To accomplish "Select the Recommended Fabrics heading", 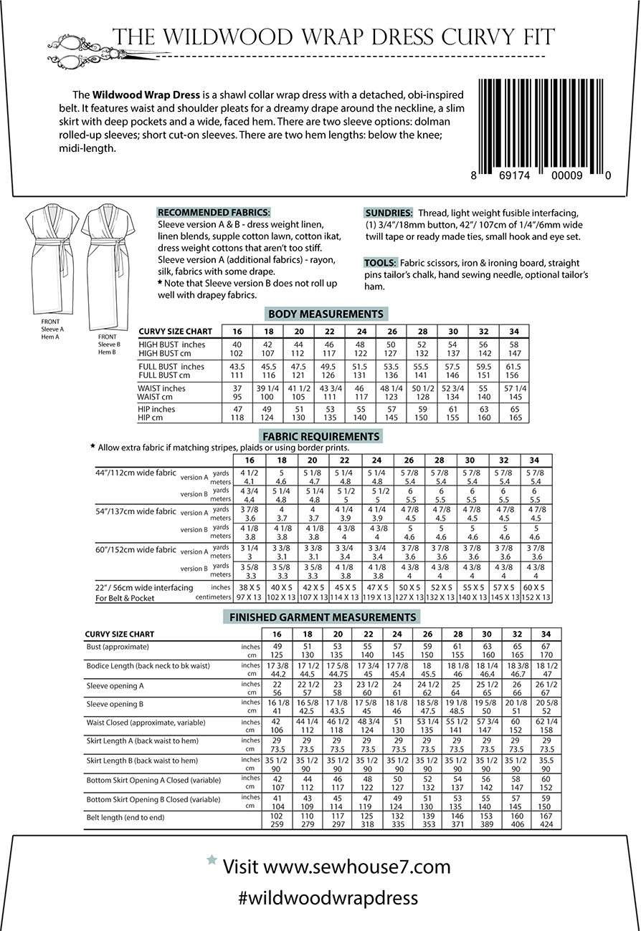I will pos(214,213).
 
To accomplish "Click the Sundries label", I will pos(389,213).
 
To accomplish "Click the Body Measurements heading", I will pos(325,314).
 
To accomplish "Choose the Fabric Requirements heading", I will pos(320,435).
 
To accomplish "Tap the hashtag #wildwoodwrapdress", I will pos(328,897).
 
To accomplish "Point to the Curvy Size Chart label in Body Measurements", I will pos(176,332).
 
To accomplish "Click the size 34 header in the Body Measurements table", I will pos(514,331).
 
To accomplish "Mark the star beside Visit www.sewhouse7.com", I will pos(211,859).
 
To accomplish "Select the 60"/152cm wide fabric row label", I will pos(136,550).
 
